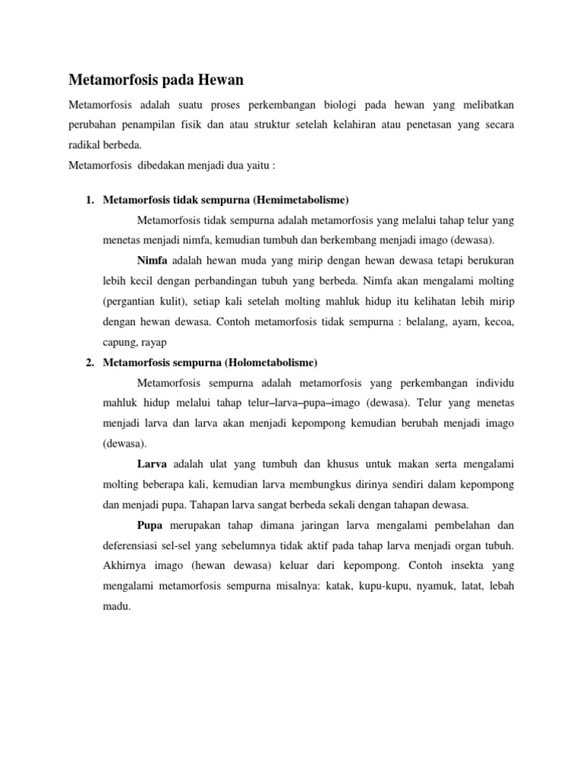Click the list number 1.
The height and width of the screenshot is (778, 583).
click(89, 200)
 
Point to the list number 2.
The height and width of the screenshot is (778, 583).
click(89, 361)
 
